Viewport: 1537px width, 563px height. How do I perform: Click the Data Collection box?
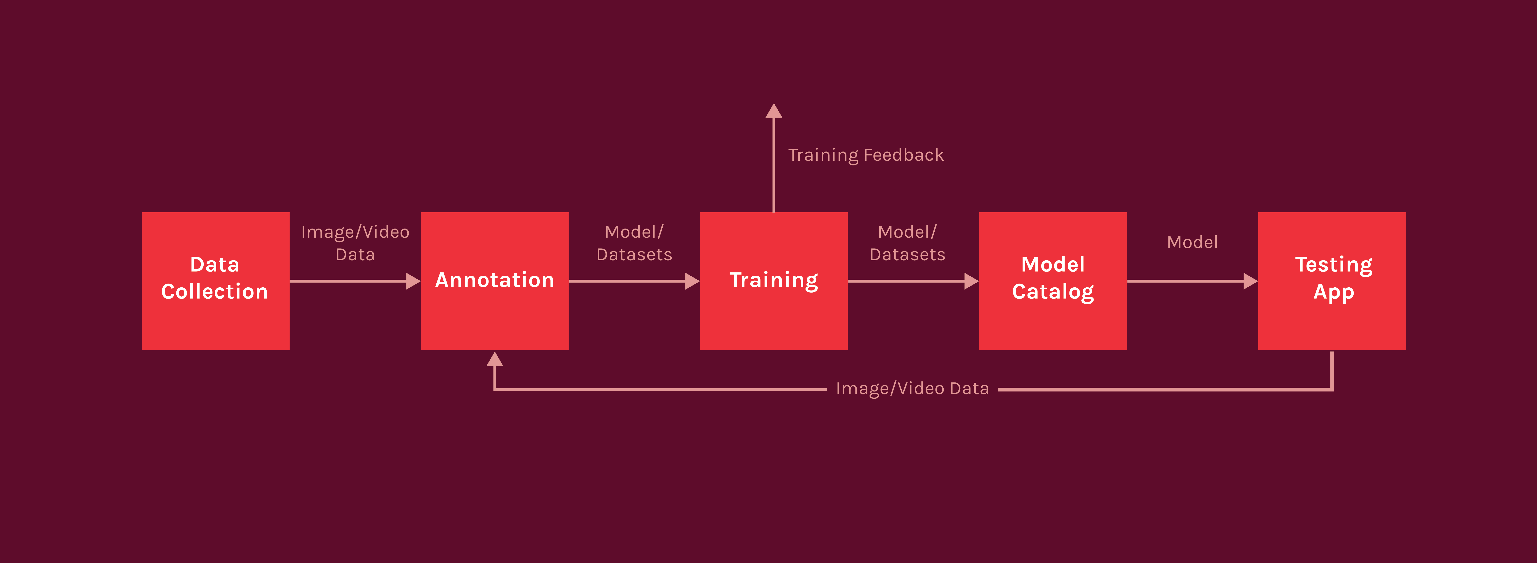click(x=215, y=281)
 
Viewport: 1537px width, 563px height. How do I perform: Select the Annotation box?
click(x=495, y=281)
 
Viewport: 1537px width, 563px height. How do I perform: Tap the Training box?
click(x=774, y=281)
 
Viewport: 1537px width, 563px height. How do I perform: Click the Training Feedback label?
click(x=866, y=155)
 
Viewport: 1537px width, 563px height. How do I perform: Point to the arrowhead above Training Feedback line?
click(x=774, y=111)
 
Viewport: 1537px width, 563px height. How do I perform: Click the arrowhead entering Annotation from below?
click(x=495, y=359)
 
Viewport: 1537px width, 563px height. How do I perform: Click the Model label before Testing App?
click(x=1192, y=242)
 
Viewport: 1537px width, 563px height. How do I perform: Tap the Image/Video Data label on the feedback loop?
click(x=912, y=389)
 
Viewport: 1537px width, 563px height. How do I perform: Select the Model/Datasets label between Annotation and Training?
click(x=634, y=243)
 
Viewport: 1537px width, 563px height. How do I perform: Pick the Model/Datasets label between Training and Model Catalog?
click(x=908, y=243)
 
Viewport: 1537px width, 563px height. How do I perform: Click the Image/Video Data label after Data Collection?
click(x=355, y=243)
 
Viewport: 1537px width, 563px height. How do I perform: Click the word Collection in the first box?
click(x=215, y=292)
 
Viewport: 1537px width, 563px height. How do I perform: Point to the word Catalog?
click(x=1053, y=292)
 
